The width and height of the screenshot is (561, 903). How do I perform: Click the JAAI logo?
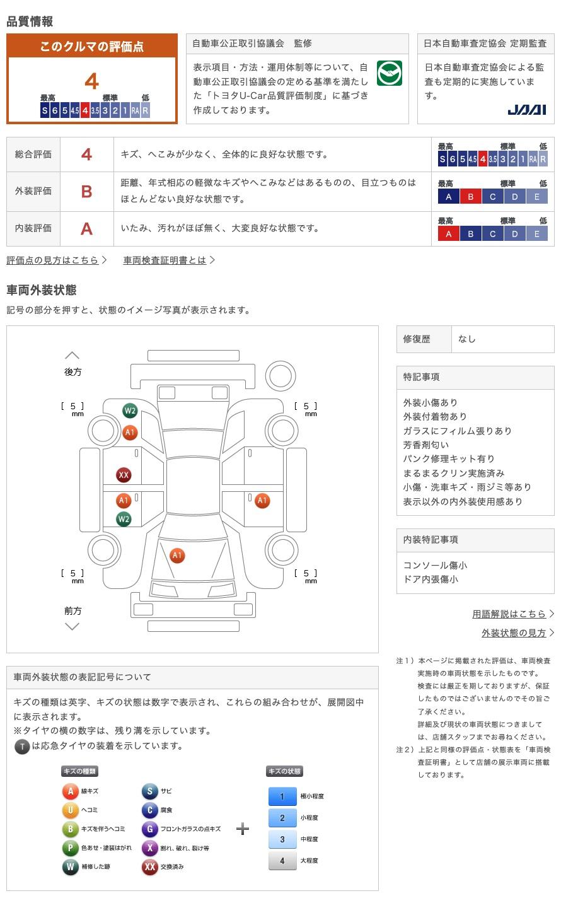click(x=526, y=110)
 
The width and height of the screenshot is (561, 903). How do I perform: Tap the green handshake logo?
click(x=389, y=73)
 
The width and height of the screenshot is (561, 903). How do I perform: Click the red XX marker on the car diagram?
click(x=124, y=475)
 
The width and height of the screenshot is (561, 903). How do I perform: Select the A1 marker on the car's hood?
click(x=177, y=556)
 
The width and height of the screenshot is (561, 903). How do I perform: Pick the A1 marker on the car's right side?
click(x=262, y=501)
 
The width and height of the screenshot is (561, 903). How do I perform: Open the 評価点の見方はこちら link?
click(x=53, y=260)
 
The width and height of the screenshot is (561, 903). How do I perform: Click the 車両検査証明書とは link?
click(x=165, y=260)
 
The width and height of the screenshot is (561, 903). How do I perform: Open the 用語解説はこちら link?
click(x=509, y=614)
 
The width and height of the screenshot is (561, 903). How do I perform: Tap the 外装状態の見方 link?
click(x=514, y=632)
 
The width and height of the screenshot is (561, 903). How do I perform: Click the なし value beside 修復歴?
click(x=467, y=339)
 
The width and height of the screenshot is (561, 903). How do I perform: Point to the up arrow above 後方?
click(x=72, y=356)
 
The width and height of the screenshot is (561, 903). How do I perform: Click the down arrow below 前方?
click(x=72, y=626)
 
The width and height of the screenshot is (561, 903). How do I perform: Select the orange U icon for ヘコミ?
click(x=70, y=810)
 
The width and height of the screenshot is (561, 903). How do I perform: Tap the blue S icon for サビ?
click(x=149, y=791)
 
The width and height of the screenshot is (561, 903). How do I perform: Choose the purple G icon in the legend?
click(x=149, y=829)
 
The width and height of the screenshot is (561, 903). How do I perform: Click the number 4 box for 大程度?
click(x=282, y=861)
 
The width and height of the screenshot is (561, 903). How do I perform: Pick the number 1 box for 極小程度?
click(x=282, y=796)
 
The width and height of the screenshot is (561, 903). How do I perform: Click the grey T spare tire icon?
click(x=22, y=747)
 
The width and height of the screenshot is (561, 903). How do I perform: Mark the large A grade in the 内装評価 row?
click(x=87, y=228)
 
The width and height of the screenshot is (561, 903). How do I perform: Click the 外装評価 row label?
click(x=33, y=191)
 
